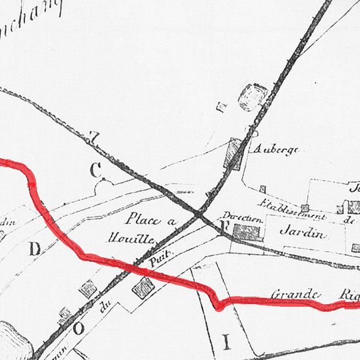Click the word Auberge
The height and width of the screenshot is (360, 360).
[x=274, y=150]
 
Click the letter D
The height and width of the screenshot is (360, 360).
[x=35, y=249]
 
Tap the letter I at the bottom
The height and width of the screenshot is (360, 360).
[x=225, y=343]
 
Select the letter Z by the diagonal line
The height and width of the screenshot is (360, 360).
[x=94, y=138]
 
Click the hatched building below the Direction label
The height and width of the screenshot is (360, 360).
[x=245, y=232]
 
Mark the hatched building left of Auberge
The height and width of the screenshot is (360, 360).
[x=233, y=155]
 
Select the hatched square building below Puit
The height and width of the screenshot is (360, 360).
[x=143, y=287]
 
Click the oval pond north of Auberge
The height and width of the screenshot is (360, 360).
[x=251, y=97]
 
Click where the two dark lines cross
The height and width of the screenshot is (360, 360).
[x=201, y=214]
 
